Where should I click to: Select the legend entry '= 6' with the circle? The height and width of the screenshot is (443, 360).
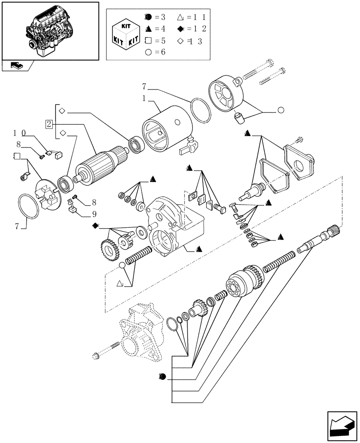click(153, 52)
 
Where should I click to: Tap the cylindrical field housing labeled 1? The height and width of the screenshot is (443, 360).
click(164, 128)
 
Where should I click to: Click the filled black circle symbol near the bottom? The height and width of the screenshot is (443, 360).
click(162, 377)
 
